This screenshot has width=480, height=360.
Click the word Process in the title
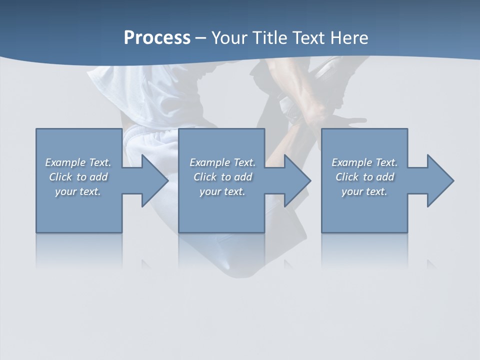pyautogui.click(x=157, y=38)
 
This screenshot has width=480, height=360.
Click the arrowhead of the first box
pyautogui.click(x=153, y=180)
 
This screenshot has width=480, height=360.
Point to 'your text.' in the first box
pyautogui.click(x=78, y=191)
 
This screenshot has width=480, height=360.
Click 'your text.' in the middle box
pyautogui.click(x=222, y=191)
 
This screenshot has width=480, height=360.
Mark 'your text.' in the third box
pyautogui.click(x=364, y=191)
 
